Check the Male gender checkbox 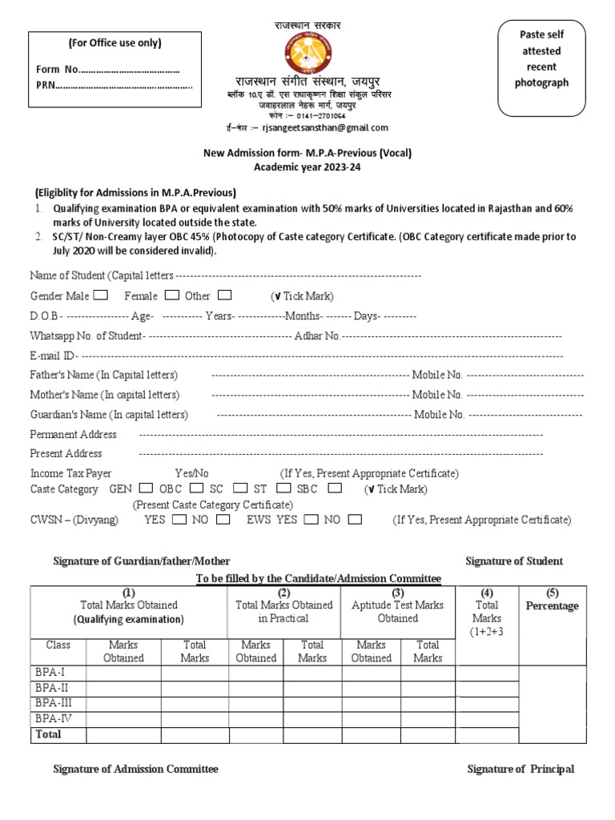101,295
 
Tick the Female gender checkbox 172,295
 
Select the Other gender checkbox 224,295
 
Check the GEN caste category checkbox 146,488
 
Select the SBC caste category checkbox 335,488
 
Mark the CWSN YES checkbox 179,519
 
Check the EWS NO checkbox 354,519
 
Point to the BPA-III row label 54,702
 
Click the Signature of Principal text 521,769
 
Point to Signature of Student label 514,561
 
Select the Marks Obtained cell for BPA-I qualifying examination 123,673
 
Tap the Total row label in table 47,734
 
